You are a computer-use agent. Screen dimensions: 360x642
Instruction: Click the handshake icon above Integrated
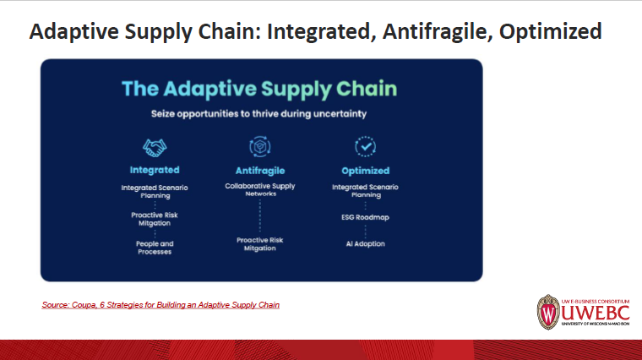click(155, 147)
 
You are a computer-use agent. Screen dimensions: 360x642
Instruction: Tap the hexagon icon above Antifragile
click(259, 146)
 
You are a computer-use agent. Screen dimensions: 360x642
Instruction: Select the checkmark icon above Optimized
click(365, 146)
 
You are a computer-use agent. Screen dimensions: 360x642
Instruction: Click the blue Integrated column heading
click(155, 170)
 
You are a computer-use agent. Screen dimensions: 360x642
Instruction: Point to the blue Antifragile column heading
click(260, 170)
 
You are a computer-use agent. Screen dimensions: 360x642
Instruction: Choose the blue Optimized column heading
click(365, 170)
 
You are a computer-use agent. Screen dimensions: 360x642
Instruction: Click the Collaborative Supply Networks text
click(260, 189)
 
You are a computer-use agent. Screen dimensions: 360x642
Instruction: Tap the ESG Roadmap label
click(365, 217)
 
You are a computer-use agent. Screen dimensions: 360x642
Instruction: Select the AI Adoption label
click(365, 243)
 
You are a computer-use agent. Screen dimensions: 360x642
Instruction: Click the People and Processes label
click(155, 248)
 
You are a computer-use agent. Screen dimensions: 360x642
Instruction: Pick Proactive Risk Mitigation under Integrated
click(155, 219)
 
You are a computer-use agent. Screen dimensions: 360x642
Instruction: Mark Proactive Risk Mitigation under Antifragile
click(260, 244)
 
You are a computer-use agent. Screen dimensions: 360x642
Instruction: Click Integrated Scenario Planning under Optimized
click(365, 190)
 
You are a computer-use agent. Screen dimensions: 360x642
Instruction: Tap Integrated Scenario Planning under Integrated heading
click(155, 190)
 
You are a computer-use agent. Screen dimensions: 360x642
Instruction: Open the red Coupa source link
click(160, 304)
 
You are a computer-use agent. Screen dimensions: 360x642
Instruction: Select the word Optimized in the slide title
click(550, 32)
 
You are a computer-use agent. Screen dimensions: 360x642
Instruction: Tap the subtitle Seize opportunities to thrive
click(259, 113)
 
